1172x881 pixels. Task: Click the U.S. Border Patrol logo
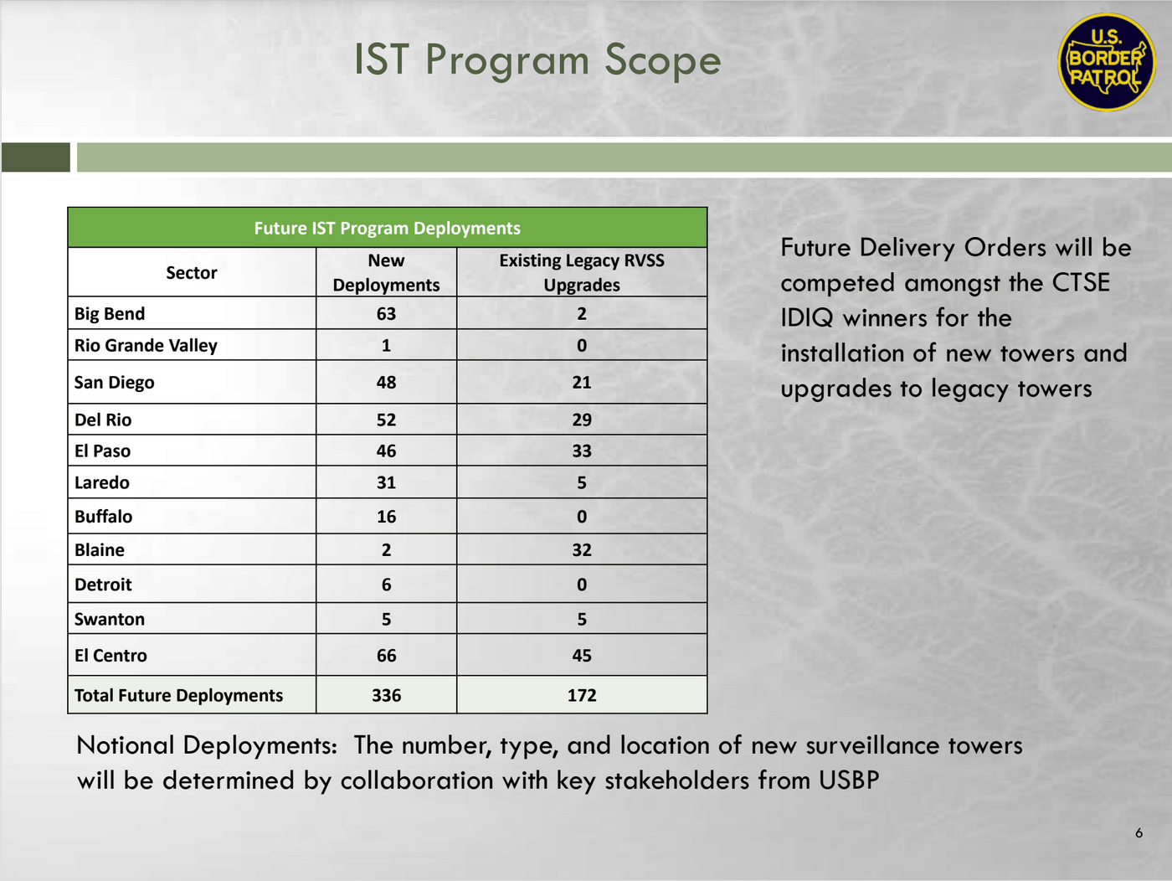pos(1106,63)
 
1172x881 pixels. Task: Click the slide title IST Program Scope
pos(537,60)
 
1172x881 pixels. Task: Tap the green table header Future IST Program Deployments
pos(387,228)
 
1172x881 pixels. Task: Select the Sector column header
pos(191,272)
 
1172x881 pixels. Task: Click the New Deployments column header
pos(386,272)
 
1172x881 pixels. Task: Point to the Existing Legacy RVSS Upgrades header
pos(582,272)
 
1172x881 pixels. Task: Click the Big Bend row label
pos(110,313)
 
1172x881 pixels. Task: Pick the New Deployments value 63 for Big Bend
pos(386,313)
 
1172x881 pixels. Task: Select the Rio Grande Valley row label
pos(146,345)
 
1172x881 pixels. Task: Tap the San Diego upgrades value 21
pos(582,382)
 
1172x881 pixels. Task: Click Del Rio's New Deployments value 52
pos(386,420)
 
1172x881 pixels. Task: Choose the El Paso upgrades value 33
pos(582,451)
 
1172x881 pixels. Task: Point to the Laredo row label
pos(102,482)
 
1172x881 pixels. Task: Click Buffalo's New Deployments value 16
pos(386,517)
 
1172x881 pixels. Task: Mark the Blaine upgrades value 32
pos(582,550)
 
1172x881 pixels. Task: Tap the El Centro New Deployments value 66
pos(386,656)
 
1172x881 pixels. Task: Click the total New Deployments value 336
pos(386,695)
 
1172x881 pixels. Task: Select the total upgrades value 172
pos(582,695)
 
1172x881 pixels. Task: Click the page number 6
pos(1139,832)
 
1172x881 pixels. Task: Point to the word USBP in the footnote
pos(849,781)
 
